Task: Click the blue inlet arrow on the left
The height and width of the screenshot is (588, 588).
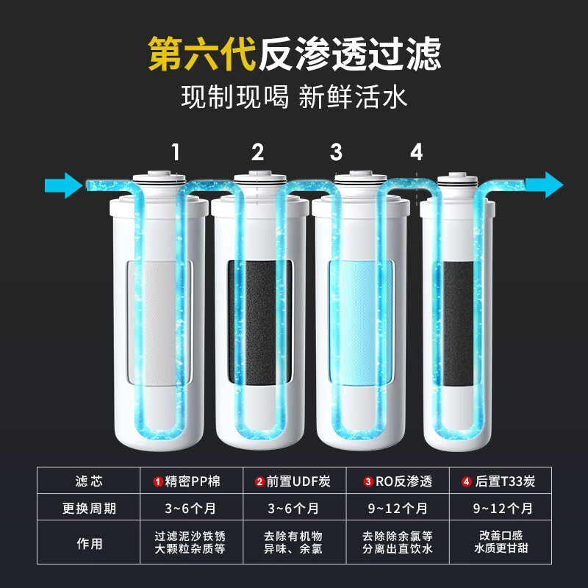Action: coord(63,185)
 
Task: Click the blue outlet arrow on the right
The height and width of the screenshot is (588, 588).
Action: coord(544,184)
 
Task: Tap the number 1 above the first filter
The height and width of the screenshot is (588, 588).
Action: coord(176,152)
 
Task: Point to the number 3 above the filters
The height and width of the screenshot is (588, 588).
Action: coord(337,152)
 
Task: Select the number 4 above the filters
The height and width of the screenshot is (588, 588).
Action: coord(417,152)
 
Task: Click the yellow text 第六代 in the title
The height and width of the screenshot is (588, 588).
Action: coord(201,54)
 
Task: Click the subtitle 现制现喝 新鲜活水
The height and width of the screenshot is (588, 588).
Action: coord(294,97)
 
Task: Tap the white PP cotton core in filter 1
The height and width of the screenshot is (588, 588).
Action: coord(159,323)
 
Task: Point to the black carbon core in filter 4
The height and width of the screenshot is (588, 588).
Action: coord(456,323)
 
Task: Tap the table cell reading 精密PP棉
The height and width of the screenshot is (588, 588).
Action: coord(192,481)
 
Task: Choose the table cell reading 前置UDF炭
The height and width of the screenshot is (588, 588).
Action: coord(295,481)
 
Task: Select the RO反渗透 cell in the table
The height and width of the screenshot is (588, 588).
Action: coord(398,481)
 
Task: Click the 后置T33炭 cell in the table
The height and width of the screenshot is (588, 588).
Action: coord(501,481)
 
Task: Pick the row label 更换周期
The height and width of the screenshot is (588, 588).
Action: coord(89,509)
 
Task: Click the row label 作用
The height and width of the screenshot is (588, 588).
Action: coord(89,543)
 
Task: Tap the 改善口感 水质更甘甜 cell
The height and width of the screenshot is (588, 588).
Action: coord(501,542)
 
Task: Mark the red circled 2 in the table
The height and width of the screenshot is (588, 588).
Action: coord(260,481)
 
